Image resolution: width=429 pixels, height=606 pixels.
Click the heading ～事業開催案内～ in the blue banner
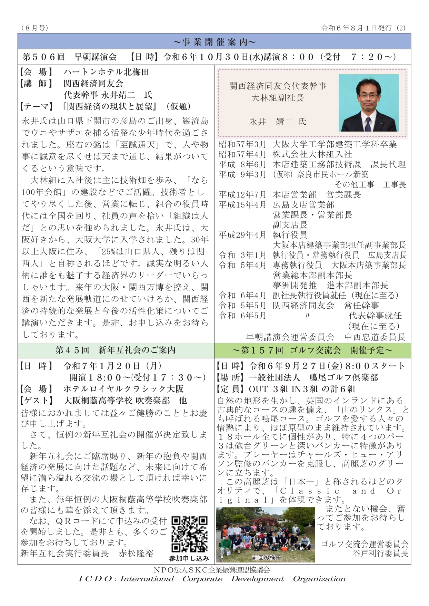tap(214, 42)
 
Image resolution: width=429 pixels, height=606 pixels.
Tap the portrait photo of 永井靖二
tap(368, 103)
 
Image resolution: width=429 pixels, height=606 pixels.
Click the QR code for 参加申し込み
tap(189, 534)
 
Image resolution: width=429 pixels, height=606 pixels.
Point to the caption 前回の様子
tap(266, 558)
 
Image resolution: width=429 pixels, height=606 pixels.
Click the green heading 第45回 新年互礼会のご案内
tap(116, 350)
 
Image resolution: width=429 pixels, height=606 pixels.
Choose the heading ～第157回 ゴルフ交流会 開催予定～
tap(312, 350)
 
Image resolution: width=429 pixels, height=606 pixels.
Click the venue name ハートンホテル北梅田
tap(106, 72)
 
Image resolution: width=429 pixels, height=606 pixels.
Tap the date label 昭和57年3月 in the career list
tap(242, 144)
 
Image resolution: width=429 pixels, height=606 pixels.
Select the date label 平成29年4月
tap(242, 235)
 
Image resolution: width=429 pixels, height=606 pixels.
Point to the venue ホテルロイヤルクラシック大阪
tap(123, 389)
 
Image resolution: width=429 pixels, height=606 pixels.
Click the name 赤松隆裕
tap(136, 553)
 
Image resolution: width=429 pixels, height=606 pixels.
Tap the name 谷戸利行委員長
tap(380, 553)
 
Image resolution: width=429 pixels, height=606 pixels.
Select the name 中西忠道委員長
tap(375, 337)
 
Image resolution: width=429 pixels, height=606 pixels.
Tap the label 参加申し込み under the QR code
tap(189, 558)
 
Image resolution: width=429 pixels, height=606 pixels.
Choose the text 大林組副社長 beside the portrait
tap(278, 98)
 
